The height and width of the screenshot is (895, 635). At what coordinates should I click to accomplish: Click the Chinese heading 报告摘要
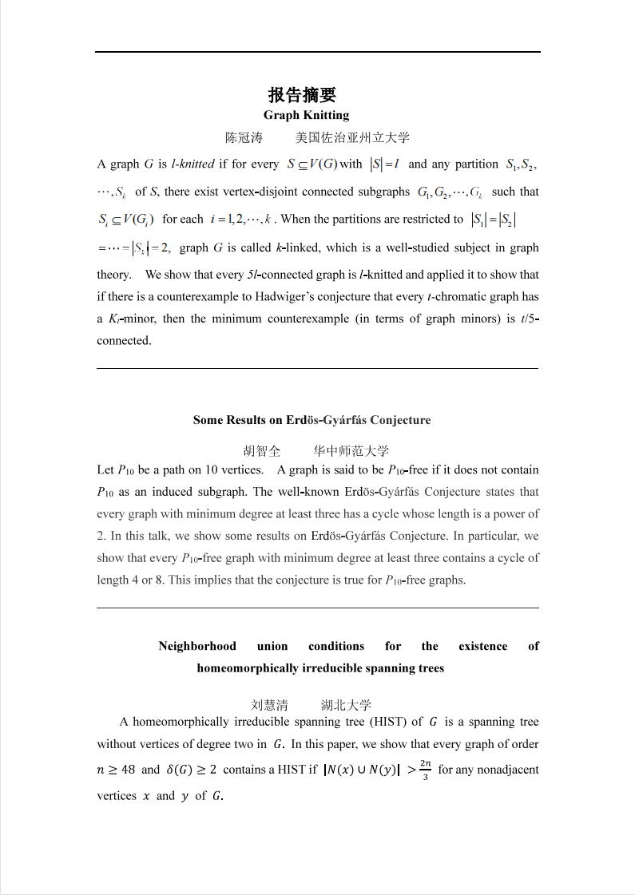point(302,96)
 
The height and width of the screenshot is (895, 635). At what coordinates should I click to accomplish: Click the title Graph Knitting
point(306,115)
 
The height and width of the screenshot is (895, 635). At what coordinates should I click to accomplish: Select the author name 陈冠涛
point(244,137)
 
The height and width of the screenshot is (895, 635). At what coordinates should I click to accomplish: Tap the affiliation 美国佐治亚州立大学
point(352,137)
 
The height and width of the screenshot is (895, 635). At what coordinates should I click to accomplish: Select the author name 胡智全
point(262,450)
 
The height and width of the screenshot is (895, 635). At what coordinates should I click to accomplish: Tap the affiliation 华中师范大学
point(351,450)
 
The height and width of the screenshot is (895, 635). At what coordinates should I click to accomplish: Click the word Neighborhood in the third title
point(197,646)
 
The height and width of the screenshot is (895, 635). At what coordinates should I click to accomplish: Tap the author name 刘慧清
point(269,705)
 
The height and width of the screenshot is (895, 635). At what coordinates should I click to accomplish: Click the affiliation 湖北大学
point(346,705)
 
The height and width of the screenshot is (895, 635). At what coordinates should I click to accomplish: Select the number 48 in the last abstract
point(128,770)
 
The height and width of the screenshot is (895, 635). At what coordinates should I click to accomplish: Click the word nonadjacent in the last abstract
point(506,770)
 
